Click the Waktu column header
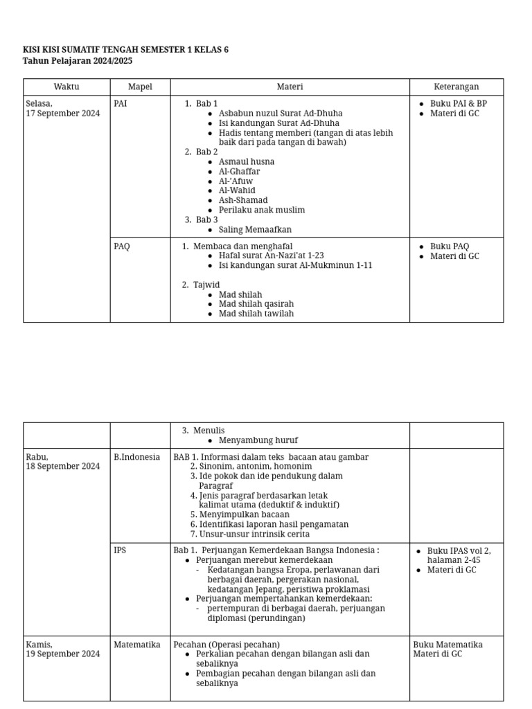point(66,87)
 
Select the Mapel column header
point(140,87)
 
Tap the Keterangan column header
point(456,87)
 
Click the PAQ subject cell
point(122,246)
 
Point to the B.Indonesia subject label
point(137,457)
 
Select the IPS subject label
point(121,551)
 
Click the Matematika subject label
point(137,645)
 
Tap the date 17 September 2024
point(63,114)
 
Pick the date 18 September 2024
point(63,467)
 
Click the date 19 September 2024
point(63,654)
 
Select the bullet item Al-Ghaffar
point(239,172)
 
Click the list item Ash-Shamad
point(243,201)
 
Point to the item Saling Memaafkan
point(255,230)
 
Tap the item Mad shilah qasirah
point(256,304)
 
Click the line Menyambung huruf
point(258,440)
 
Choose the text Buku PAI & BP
point(458,104)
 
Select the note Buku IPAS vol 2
point(459,551)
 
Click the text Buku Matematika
point(448,645)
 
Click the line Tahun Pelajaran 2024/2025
point(78,61)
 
